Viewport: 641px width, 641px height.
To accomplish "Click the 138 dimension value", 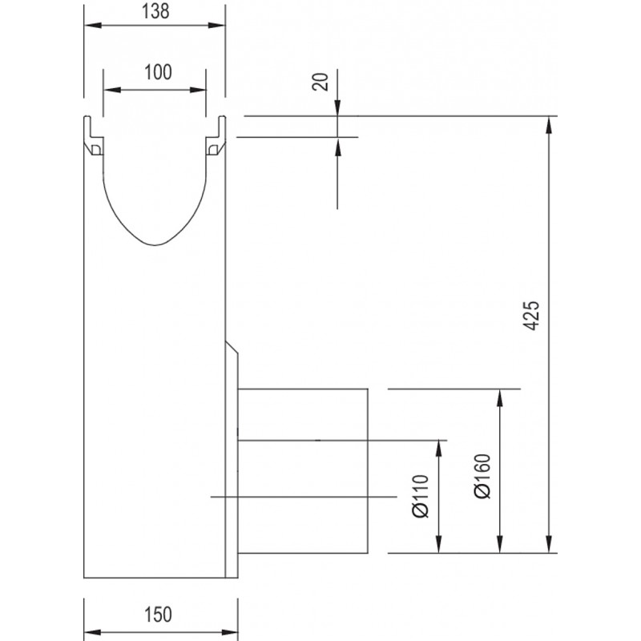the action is pyautogui.click(x=155, y=11).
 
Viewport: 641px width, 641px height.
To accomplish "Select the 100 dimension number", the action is pyautogui.click(x=158, y=72).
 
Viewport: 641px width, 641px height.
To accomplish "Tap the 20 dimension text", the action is pyautogui.click(x=320, y=82).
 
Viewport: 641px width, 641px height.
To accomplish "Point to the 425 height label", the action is pyautogui.click(x=531, y=316).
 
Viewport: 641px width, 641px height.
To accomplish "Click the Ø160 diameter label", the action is pyautogui.click(x=482, y=476).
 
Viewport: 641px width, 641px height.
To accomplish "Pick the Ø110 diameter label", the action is pyautogui.click(x=421, y=496).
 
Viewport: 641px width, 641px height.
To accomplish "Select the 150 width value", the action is pyautogui.click(x=158, y=615).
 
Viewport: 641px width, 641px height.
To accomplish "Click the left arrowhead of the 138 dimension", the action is pyautogui.click(x=92, y=26).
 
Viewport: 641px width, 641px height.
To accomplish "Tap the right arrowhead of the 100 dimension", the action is pyautogui.click(x=198, y=90).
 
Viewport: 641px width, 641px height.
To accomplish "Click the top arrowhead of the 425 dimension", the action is pyautogui.click(x=549, y=125).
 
